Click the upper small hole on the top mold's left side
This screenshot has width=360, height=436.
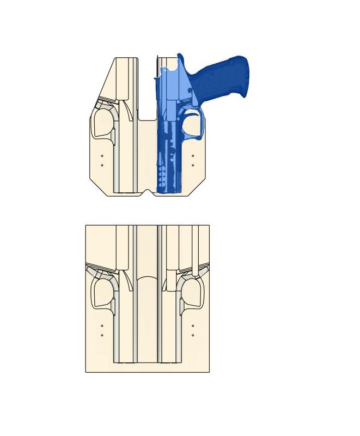102,156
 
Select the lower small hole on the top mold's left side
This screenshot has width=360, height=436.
102,165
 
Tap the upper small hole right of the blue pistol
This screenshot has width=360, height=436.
193,156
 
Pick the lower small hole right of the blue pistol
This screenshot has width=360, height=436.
193,165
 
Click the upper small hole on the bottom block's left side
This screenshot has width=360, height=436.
102,326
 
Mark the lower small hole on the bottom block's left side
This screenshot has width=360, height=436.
102,335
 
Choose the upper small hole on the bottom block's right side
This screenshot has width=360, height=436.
193,326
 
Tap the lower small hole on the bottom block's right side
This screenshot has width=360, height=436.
193,335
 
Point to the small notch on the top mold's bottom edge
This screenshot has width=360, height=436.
147,192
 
